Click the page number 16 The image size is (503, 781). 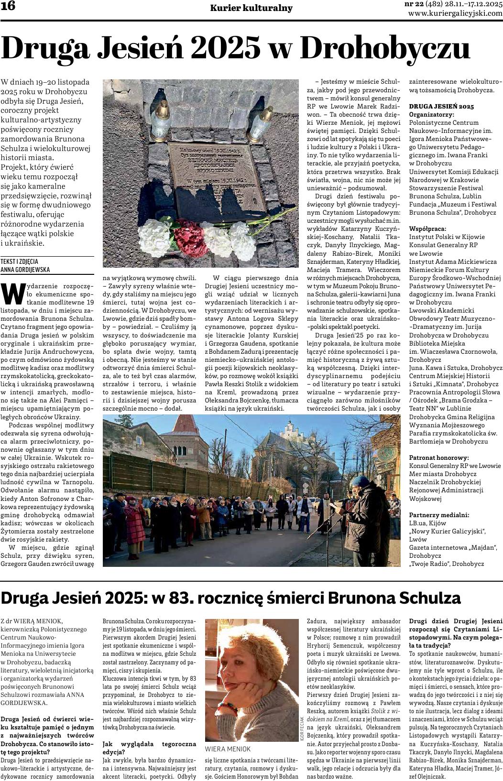tap(8, 7)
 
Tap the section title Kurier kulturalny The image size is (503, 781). tap(251, 8)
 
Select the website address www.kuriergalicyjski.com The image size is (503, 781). tap(455, 13)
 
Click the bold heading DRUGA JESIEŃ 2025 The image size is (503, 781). tap(441, 106)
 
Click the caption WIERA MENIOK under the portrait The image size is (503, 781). tap(228, 748)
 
